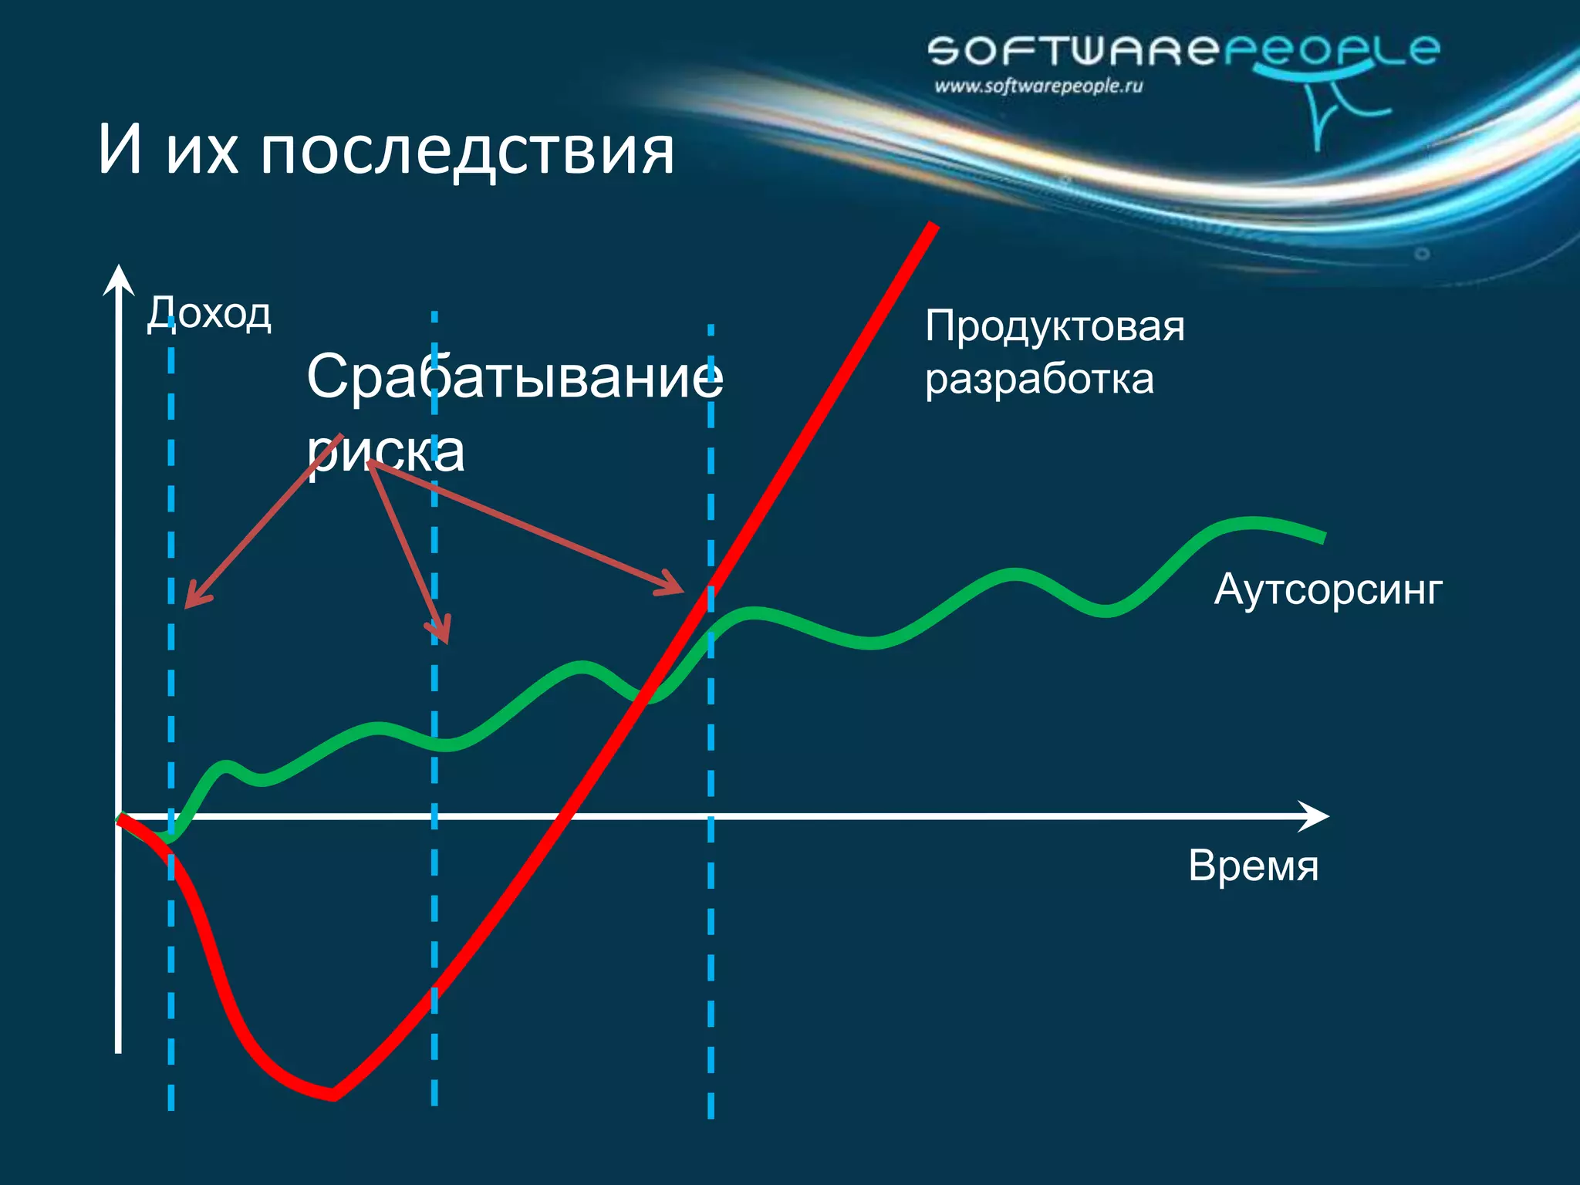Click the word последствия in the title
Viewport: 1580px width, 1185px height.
coord(467,150)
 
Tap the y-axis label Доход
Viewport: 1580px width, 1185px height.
coord(209,313)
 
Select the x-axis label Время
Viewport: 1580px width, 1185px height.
coord(1253,866)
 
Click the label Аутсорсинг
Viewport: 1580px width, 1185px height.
coord(1328,590)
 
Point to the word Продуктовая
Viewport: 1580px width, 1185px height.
coord(1054,326)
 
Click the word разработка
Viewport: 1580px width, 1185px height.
coord(1038,380)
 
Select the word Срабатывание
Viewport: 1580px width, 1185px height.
coord(515,376)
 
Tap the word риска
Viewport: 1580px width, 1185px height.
coord(386,451)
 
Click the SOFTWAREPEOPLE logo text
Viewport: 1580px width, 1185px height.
coord(1183,51)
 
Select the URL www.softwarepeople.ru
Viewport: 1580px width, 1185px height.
coord(1038,86)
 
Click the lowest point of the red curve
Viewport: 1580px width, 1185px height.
coord(332,1094)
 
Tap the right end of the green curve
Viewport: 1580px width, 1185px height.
coord(1324,538)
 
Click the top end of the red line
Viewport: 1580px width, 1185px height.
coord(933,225)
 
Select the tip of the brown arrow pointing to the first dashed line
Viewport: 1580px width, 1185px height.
coord(187,607)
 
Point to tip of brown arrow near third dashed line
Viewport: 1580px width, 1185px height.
coord(683,592)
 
